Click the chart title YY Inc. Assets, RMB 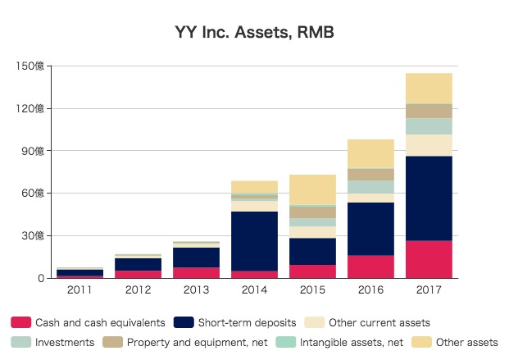coord(254,34)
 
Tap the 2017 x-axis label coord(429,291)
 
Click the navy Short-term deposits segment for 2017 coord(429,198)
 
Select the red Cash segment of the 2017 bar coord(429,259)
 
